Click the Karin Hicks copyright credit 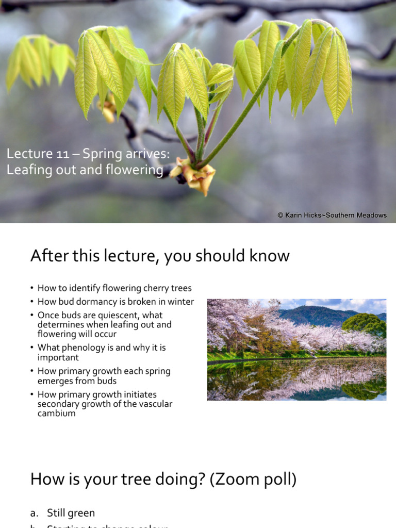coord(332,215)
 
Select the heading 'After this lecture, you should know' coord(160,256)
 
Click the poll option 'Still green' coord(71,513)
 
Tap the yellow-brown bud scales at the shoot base coord(195,176)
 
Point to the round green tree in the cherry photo coord(365,325)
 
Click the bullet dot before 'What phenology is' coord(31,348)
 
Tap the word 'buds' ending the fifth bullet coord(106,381)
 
